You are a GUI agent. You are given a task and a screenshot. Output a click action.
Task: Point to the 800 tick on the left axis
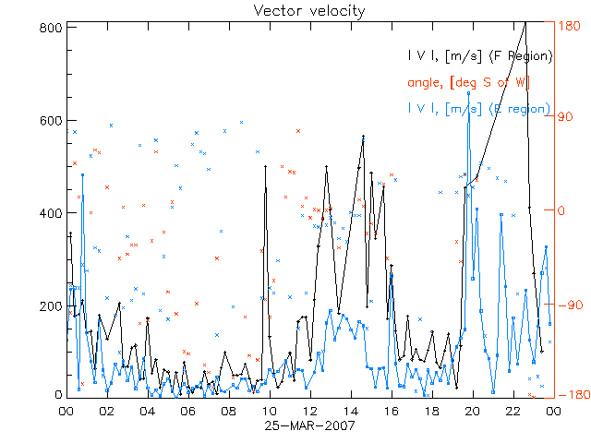point(51,28)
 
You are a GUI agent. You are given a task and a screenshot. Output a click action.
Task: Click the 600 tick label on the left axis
point(51,120)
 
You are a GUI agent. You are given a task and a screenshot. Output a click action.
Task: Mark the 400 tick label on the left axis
point(51,212)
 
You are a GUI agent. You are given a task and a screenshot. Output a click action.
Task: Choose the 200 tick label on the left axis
point(51,305)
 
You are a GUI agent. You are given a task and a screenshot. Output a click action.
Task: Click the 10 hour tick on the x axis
point(269,411)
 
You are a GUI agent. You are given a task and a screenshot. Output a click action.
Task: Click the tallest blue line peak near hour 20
point(469,93)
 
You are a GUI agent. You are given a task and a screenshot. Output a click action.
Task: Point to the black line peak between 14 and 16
point(363,136)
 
